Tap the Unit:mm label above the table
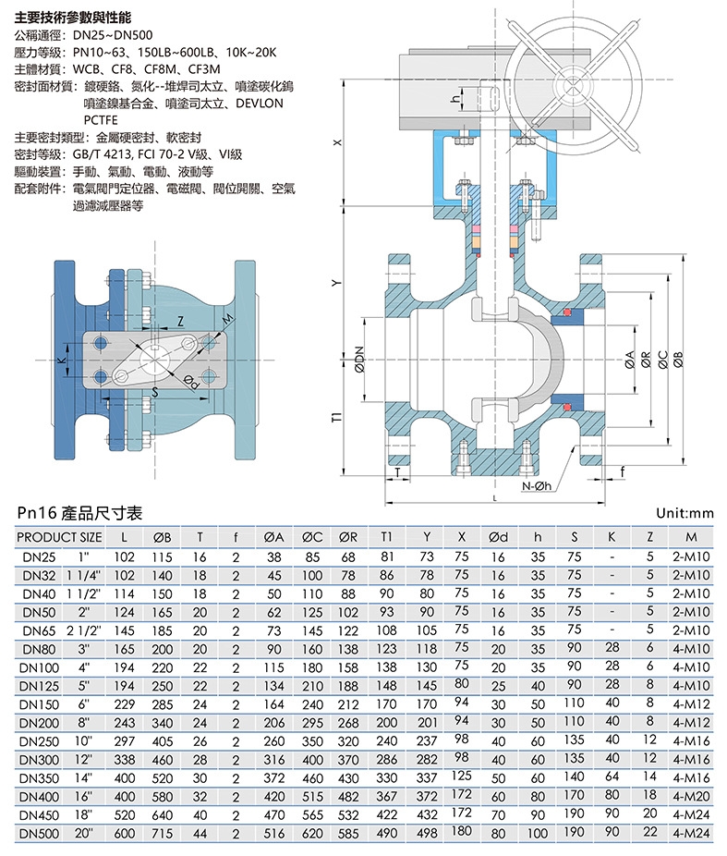pyautogui.click(x=685, y=513)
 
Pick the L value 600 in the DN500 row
pyautogui.click(x=124, y=832)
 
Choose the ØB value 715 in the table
pyautogui.click(x=163, y=832)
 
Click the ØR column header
pyautogui.click(x=348, y=536)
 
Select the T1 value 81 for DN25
pyautogui.click(x=388, y=557)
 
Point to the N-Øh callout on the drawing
pyautogui.click(x=535, y=486)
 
